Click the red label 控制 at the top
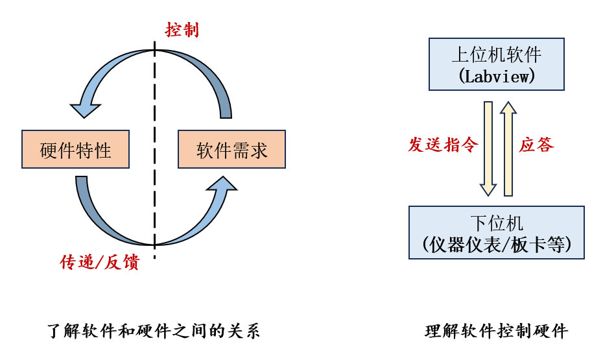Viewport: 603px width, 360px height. coord(182,30)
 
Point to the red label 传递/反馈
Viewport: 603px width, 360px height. coord(99,262)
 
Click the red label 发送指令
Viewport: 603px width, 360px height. coord(443,145)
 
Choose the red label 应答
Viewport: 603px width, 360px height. coord(537,145)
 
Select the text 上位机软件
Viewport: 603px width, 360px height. coord(497,54)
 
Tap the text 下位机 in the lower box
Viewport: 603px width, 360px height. coord(497,223)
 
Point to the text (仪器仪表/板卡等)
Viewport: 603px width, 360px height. coord(497,245)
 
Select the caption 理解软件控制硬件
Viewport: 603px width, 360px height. coord(497,331)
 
